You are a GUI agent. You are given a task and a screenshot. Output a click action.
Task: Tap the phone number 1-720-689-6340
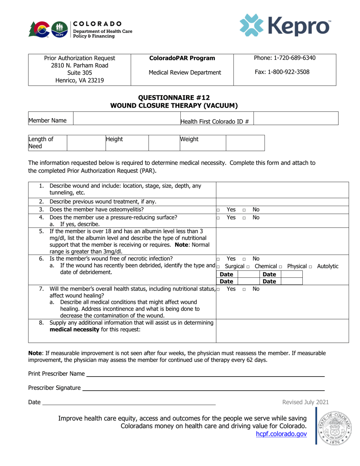285,58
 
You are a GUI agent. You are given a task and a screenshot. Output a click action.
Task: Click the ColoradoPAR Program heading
182,58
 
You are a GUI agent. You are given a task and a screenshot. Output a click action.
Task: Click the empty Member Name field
127,119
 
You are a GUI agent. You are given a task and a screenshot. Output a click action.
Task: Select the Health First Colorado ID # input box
295,119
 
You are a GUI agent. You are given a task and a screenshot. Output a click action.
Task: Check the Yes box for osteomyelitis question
218,210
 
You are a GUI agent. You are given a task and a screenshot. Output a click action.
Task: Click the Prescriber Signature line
203,388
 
